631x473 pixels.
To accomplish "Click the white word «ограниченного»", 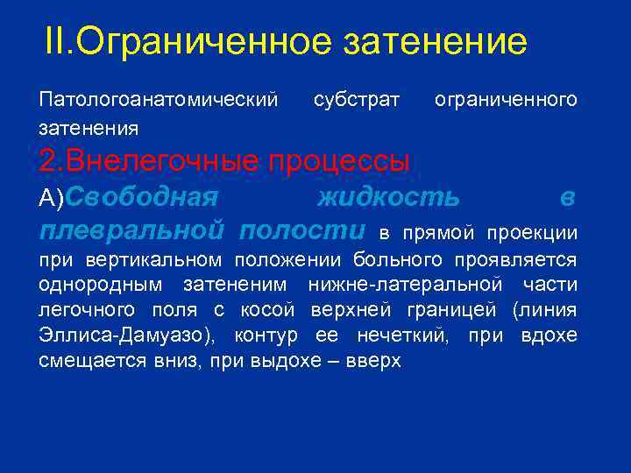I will click(506, 100).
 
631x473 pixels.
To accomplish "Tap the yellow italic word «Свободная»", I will click(140, 198).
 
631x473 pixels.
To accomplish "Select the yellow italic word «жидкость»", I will click(387, 198).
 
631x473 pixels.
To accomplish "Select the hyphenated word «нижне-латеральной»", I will click(405, 286).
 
